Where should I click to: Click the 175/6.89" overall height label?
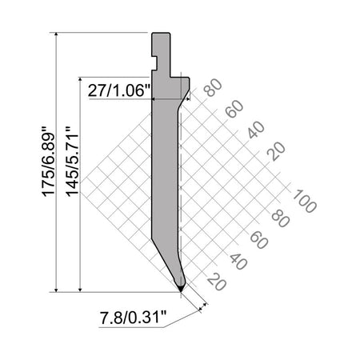point(49,162)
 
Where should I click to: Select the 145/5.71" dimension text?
point(72,162)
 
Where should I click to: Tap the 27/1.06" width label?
point(119,90)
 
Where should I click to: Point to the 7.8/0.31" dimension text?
point(133,318)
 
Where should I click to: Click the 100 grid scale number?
point(305,201)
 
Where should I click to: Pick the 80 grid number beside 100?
point(281,218)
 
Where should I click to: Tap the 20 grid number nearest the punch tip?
point(217,282)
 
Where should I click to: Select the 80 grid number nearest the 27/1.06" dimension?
point(213,88)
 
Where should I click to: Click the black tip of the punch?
point(181,288)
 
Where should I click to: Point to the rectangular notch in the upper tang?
point(154,63)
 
